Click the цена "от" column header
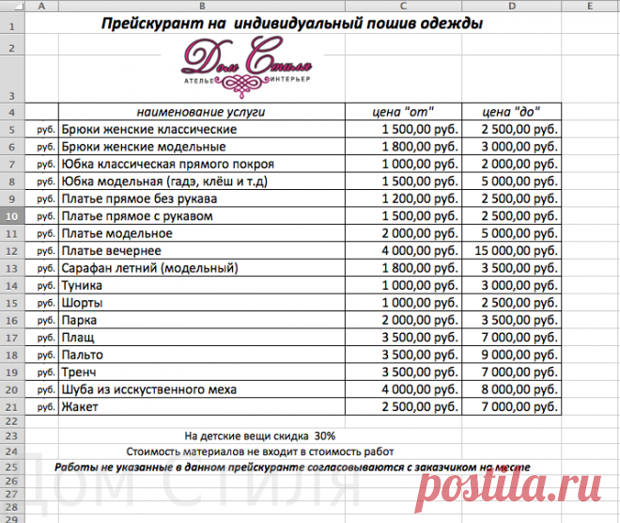click(x=403, y=112)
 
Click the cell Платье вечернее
click(x=112, y=251)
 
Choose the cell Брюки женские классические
click(x=148, y=129)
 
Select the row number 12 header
click(x=10, y=251)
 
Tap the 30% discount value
click(x=325, y=436)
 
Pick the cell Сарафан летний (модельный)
click(x=149, y=268)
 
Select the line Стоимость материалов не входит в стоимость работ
click(x=260, y=452)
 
